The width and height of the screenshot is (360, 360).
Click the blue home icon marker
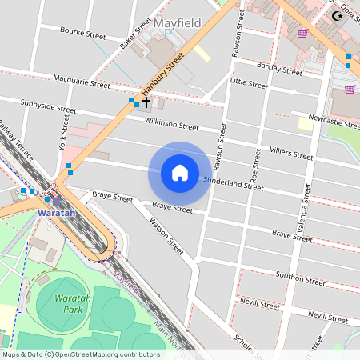click(x=180, y=173)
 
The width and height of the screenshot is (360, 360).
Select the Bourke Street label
click(x=83, y=34)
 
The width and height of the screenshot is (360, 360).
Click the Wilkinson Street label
click(x=171, y=125)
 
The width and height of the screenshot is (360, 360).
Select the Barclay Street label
click(x=279, y=68)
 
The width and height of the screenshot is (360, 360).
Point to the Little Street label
click(x=249, y=83)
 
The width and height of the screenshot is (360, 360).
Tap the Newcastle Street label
click(x=335, y=123)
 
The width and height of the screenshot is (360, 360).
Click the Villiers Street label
click(x=291, y=153)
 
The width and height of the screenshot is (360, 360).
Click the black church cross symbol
click(x=146, y=102)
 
